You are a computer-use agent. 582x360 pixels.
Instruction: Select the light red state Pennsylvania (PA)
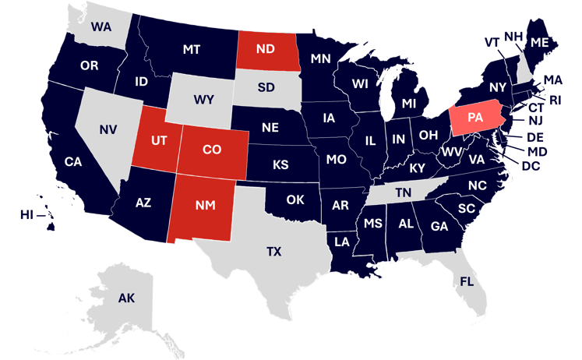click(x=475, y=118)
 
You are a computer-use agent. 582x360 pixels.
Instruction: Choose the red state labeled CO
click(x=212, y=148)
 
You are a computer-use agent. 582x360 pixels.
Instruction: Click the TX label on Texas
click(x=273, y=251)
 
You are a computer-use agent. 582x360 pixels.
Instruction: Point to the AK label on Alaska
click(x=126, y=298)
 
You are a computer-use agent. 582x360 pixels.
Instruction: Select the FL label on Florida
click(x=467, y=281)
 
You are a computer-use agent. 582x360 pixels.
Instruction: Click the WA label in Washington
click(x=101, y=27)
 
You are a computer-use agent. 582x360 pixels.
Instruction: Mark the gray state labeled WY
click(x=204, y=100)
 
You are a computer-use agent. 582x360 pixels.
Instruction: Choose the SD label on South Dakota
click(x=266, y=86)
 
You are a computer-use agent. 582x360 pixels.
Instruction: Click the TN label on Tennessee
click(x=403, y=192)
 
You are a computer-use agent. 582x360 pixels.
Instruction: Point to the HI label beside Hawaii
click(x=27, y=214)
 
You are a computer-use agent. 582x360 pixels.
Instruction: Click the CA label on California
click(x=73, y=162)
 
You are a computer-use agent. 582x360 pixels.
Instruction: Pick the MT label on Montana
click(x=191, y=49)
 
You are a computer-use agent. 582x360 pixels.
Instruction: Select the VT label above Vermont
click(x=492, y=41)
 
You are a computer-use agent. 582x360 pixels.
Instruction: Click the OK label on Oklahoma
click(x=295, y=199)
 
